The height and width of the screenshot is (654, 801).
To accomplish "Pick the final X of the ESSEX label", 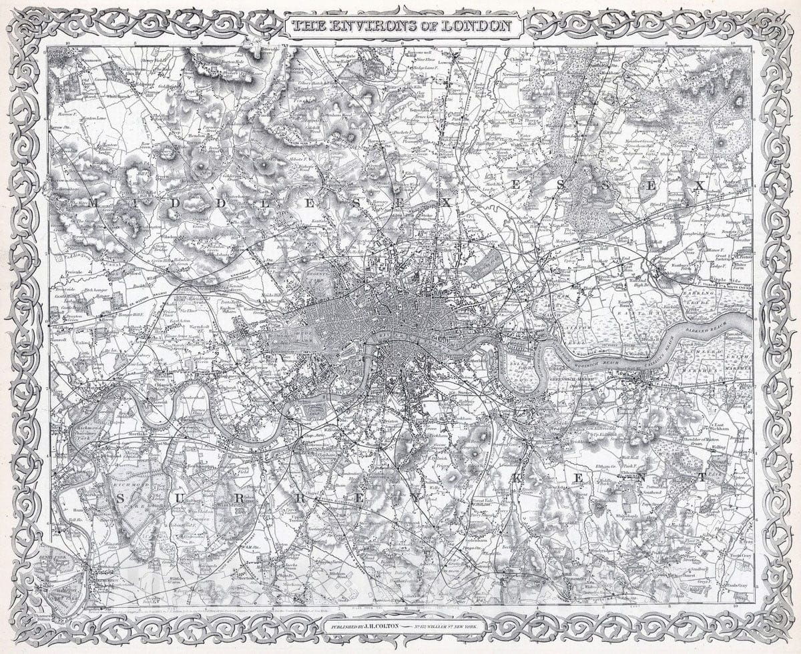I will click(698, 186).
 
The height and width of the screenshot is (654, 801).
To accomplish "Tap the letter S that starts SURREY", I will click(122, 499).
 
